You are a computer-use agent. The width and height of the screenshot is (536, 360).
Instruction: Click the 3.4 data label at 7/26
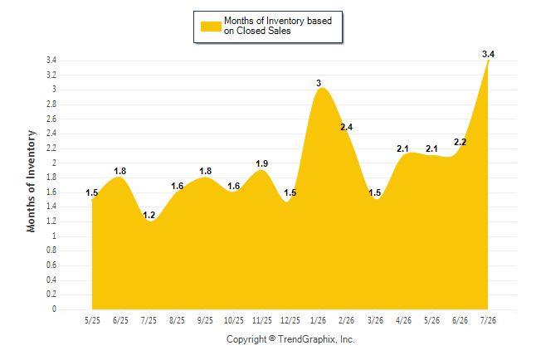coord(488,54)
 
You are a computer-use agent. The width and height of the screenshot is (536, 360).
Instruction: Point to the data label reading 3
coord(319,83)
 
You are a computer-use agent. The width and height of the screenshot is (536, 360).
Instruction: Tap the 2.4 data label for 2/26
coord(346,127)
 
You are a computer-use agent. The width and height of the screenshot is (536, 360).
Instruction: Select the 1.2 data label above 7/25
coord(149,215)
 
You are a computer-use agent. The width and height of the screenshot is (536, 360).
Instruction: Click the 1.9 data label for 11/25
coord(262,163)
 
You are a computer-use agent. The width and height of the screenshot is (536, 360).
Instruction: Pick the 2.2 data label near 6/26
coord(460,142)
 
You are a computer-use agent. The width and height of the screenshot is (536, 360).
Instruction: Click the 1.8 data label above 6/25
coord(120,171)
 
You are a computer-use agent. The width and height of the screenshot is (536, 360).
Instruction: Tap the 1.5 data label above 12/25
coord(290,192)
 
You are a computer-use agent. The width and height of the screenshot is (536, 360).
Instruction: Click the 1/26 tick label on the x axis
coord(319,320)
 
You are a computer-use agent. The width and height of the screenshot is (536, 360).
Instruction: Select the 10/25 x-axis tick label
coord(234,320)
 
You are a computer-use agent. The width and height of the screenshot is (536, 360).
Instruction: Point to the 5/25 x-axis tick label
coord(92,320)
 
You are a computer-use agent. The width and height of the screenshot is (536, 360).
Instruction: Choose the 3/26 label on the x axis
coord(375,320)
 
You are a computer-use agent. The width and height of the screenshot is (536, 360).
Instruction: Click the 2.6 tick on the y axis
coord(51,119)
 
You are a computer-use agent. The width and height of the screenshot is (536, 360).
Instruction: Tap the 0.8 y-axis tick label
coord(51,251)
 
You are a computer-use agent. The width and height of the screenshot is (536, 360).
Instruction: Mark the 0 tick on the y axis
coord(54,309)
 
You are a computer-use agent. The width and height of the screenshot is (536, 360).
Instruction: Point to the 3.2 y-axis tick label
coord(51,75)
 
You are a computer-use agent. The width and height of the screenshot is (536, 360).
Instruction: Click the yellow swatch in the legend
coord(211,27)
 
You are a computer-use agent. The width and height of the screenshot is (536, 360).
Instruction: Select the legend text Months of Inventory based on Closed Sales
coord(278,26)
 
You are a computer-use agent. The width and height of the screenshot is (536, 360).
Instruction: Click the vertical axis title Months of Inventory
coord(31,181)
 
